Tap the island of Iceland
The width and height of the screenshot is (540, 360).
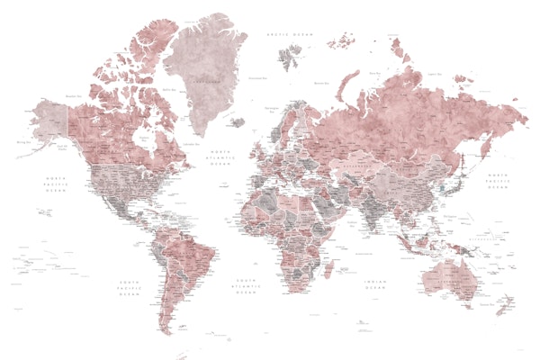click(x=236, y=121)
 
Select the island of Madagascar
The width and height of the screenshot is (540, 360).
click(x=328, y=267)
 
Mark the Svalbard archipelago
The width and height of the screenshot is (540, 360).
click(x=290, y=59)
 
